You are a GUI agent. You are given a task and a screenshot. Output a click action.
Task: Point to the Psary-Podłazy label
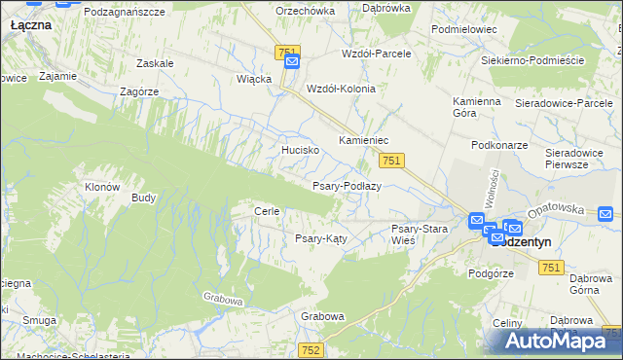click(x=346, y=185)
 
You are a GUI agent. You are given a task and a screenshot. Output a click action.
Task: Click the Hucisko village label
click(x=300, y=150)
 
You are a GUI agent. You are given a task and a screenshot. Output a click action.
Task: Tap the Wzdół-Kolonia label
click(x=341, y=88)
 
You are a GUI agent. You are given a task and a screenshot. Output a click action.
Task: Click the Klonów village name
click(x=101, y=187)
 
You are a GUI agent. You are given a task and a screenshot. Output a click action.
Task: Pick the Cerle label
click(x=267, y=211)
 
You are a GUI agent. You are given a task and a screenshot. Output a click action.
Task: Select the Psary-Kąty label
click(x=321, y=237)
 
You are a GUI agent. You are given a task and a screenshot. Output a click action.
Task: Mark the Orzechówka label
click(x=305, y=11)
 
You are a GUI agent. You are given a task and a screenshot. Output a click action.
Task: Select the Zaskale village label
click(x=156, y=63)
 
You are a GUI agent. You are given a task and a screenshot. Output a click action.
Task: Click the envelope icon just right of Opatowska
click(x=605, y=214)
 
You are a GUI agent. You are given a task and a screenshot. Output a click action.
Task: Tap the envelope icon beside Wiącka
click(x=292, y=63)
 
